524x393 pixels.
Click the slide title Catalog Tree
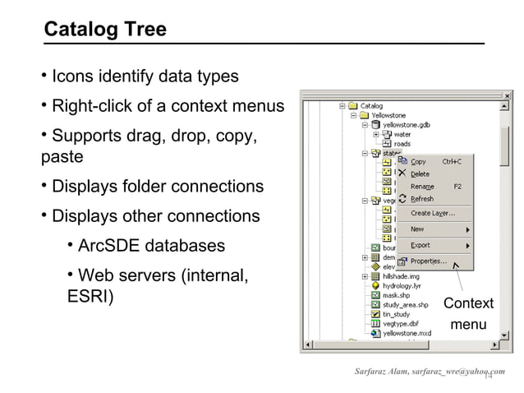[104, 30]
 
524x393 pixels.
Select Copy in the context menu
[418, 162]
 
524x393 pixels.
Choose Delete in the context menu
[420, 174]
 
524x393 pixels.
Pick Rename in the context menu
[422, 187]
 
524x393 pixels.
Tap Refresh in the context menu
[422, 199]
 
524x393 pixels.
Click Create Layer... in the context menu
[433, 213]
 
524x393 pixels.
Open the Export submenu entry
[421, 245]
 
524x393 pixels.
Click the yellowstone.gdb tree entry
[407, 125]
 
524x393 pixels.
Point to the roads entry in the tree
[402, 144]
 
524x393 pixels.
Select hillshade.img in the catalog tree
[402, 276]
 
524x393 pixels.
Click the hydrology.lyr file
[402, 286]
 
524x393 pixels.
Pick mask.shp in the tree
[398, 295]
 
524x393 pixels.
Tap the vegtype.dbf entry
[401, 323]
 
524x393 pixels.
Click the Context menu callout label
[468, 314]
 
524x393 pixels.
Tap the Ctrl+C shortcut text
[452, 162]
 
